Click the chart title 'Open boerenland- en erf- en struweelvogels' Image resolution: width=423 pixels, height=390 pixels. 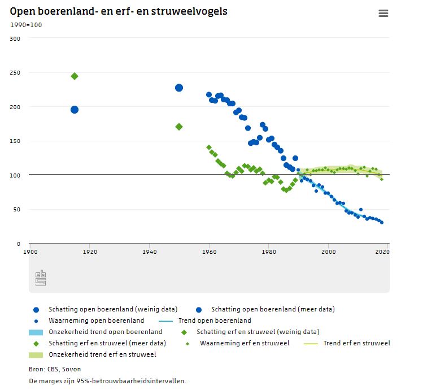point(119,11)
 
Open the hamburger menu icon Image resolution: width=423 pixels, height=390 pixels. point(383,14)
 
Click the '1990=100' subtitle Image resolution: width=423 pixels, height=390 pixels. point(26,25)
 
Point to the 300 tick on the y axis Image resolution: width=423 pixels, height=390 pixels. point(15,38)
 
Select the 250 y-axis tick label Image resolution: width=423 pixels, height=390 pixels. point(15,73)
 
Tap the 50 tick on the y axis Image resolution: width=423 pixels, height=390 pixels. point(17,210)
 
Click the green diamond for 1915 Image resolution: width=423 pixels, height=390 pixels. point(74,76)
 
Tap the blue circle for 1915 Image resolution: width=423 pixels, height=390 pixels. point(74,110)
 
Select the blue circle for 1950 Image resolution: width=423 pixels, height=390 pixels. point(179,88)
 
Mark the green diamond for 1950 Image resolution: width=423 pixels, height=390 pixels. point(179,127)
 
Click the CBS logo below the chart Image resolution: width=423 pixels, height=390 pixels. point(41,278)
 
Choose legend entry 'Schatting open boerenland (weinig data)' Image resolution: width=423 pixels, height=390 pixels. point(113,309)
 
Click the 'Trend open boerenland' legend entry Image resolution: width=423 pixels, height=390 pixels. point(215,320)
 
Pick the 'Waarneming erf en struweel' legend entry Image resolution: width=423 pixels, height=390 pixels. point(245,343)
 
